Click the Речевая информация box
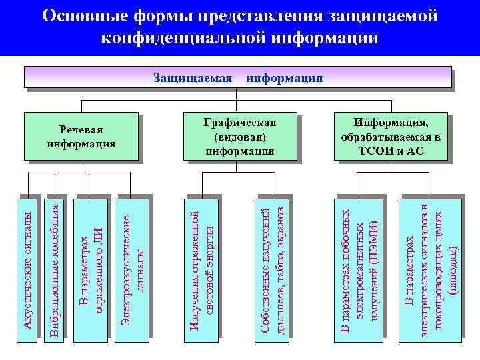pos(81,137)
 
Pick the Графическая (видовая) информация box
pos(239,137)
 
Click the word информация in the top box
pos(285,78)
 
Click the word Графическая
pos(239,123)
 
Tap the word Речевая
pos(81,129)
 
